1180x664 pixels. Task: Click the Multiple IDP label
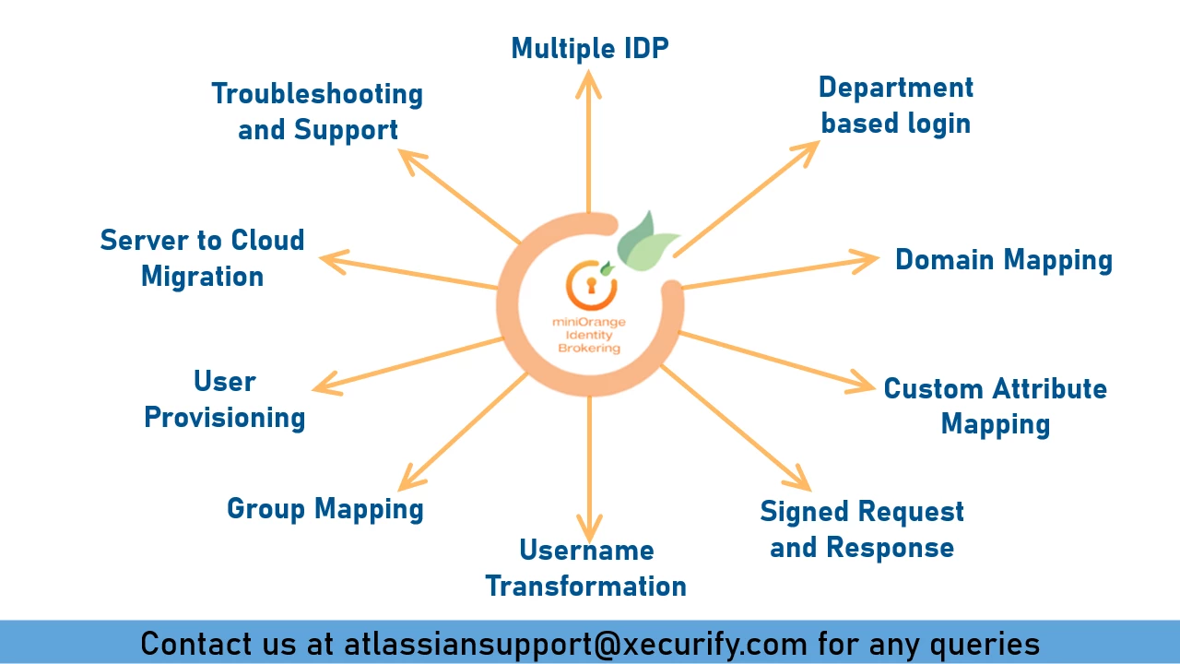(590, 48)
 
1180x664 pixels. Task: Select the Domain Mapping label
(1003, 260)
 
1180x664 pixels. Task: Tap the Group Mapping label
(324, 508)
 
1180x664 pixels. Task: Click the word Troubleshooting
(317, 94)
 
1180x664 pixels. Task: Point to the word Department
(895, 88)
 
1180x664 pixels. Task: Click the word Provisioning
(224, 417)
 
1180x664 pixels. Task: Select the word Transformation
(585, 586)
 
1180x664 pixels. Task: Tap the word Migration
(202, 276)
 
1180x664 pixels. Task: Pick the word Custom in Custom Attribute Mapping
(929, 388)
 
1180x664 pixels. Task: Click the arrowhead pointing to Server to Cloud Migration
(334, 262)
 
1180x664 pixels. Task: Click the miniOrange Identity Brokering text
(586, 335)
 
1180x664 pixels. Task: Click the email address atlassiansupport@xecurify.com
(575, 643)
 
